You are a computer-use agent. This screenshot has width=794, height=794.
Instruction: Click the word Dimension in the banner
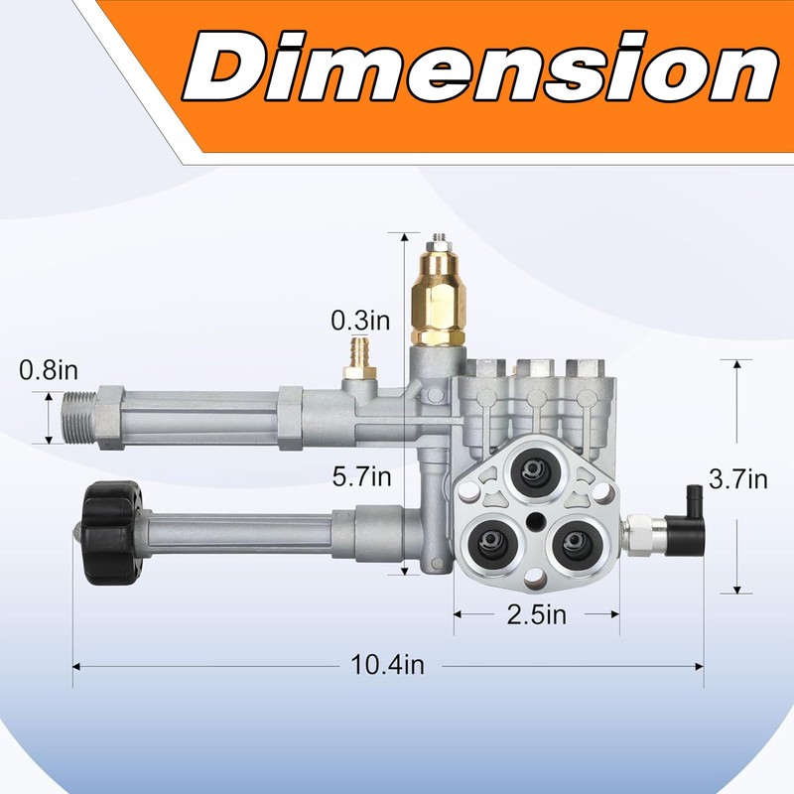480,67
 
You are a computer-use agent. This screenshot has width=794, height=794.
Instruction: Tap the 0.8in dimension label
49,370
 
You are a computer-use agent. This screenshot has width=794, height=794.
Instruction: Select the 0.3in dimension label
360,320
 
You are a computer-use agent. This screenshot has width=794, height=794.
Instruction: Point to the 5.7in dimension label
361,476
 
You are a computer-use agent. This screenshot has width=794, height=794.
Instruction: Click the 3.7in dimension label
737,479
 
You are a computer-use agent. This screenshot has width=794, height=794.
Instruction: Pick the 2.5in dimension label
537,614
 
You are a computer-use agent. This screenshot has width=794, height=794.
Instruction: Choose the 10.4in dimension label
387,665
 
